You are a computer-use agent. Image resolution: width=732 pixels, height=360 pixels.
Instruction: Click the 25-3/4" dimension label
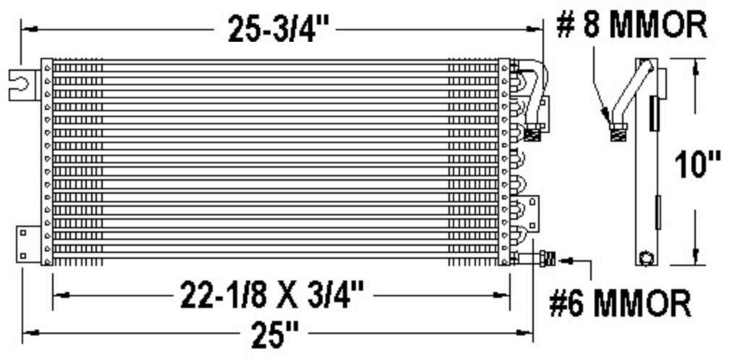point(276,30)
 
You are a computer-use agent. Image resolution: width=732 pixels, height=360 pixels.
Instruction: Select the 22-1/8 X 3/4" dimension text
point(272,296)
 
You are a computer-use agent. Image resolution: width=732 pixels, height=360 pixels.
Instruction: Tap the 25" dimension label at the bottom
point(275,334)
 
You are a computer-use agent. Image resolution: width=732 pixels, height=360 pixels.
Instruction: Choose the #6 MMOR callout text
point(619,304)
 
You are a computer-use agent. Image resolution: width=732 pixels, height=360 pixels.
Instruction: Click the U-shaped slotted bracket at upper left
point(23,85)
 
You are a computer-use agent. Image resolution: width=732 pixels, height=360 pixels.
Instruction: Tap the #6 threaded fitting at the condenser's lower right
point(546,258)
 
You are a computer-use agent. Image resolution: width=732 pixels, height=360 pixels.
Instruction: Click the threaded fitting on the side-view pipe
point(618,134)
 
